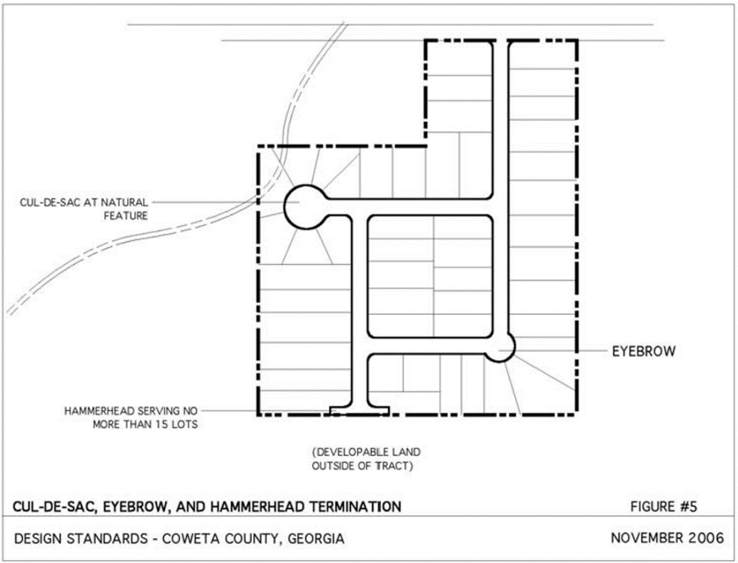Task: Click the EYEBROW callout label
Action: pyautogui.click(x=643, y=352)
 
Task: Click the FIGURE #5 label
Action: pyautogui.click(x=663, y=507)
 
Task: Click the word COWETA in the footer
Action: pyautogui.click(x=191, y=539)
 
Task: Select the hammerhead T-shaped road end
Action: pyautogui.click(x=360, y=411)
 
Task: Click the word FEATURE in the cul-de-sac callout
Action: pyautogui.click(x=126, y=216)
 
